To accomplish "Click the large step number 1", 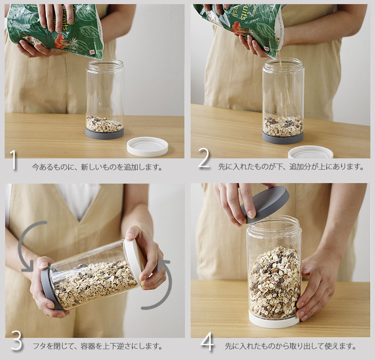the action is point(14,160).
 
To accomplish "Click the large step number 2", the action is point(204,159).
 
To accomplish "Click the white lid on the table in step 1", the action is point(147,147).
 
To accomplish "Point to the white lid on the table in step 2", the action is point(311,152).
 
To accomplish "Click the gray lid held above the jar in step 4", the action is point(266,204).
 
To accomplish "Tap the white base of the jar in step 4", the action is point(274,321).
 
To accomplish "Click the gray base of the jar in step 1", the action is point(104,134).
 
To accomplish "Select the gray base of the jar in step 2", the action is point(283,138).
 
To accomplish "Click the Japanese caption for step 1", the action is point(97,167).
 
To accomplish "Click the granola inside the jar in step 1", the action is point(104,124).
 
